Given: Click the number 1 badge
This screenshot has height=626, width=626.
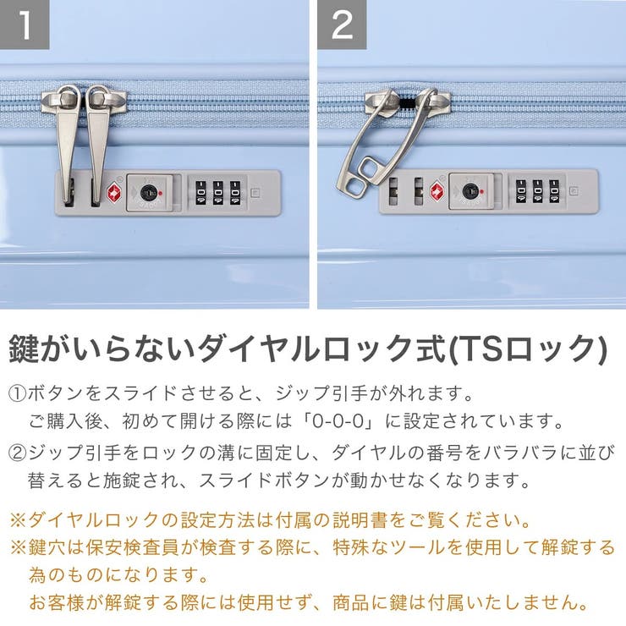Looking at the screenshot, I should (x=25, y=25).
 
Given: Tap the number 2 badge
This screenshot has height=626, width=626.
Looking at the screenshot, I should (x=342, y=25).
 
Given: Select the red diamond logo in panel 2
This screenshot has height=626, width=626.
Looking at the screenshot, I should (x=437, y=190).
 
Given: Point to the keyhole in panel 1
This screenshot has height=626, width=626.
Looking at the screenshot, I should (x=149, y=191).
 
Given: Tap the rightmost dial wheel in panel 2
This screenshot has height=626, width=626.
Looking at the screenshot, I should (x=554, y=190).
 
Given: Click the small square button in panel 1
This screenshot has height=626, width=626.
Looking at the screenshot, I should (x=255, y=191).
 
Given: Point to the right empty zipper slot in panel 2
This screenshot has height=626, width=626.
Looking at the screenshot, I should (x=418, y=191).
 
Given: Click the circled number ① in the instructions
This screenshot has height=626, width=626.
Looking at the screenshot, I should (x=18, y=394).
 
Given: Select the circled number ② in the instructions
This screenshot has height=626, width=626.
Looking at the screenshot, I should (x=18, y=452).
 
